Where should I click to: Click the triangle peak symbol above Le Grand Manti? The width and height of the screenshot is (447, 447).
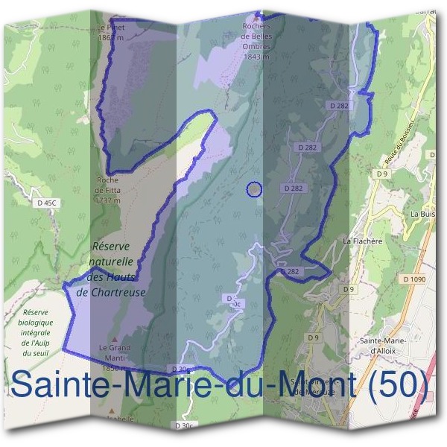point(114,339)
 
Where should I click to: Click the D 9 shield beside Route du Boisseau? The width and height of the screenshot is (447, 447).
point(383,174)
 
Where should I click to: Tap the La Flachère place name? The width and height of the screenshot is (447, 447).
point(362,241)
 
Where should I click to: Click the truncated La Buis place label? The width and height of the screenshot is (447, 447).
point(423,213)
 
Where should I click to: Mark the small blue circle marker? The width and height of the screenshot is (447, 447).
point(254,190)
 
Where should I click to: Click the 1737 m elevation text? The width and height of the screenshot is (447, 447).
point(108,200)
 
